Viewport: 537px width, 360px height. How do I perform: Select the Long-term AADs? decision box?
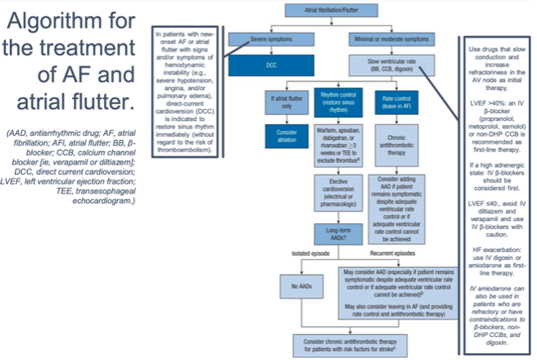tap(336, 237)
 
